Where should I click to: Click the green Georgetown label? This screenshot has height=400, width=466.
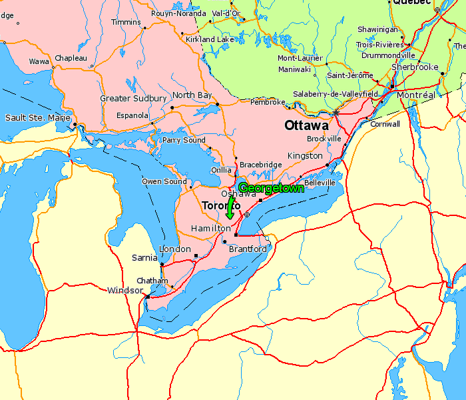[x=271, y=188]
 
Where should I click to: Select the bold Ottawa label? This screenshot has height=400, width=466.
[x=306, y=125]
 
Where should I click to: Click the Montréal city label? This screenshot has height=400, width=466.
[x=415, y=95]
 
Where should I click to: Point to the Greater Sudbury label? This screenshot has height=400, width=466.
[x=133, y=99]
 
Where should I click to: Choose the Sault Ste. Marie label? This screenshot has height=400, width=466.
[x=38, y=118]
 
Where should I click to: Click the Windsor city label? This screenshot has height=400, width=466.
[x=125, y=290]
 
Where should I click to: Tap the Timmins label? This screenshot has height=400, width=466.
[x=126, y=22]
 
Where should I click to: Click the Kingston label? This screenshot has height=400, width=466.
[x=305, y=155]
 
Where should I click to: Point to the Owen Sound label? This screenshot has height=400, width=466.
[x=164, y=181]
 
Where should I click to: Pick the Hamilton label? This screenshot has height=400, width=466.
[x=210, y=229]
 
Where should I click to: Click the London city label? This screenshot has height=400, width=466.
[x=175, y=249]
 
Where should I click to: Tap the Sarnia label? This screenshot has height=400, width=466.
[x=144, y=257]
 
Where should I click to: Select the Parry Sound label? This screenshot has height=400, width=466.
[x=184, y=140]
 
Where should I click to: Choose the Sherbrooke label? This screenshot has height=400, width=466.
[x=415, y=67]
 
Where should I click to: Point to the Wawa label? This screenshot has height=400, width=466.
[x=39, y=61]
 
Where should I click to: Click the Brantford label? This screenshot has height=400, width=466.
[x=248, y=249]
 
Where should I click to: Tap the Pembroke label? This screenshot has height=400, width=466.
[x=268, y=102]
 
